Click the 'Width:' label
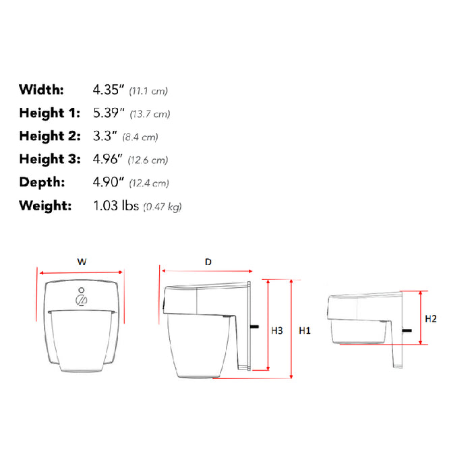pyautogui.click(x=41, y=90)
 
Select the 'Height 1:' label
pyautogui.click(x=49, y=113)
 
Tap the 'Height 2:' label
pyautogui.click(x=49, y=136)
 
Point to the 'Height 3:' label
pyautogui.click(x=49, y=160)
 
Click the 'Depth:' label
pyautogui.click(x=42, y=182)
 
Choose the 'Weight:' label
pyautogui.click(x=45, y=206)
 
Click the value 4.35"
pyautogui.click(x=108, y=90)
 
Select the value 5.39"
pyautogui.click(x=108, y=113)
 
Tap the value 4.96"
pyautogui.click(x=108, y=160)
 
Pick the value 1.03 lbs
pyautogui.click(x=115, y=206)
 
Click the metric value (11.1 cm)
pyautogui.click(x=148, y=90)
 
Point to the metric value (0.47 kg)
pyautogui.click(x=162, y=206)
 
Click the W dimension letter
pyautogui.click(x=82, y=262)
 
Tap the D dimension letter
pyautogui.click(x=208, y=261)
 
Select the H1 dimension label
pyautogui.click(x=305, y=330)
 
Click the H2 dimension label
pyautogui.click(x=430, y=319)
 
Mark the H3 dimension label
pyautogui.click(x=276, y=330)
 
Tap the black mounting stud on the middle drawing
pyautogui.click(x=256, y=327)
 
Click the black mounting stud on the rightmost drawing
pyautogui.click(x=407, y=330)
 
